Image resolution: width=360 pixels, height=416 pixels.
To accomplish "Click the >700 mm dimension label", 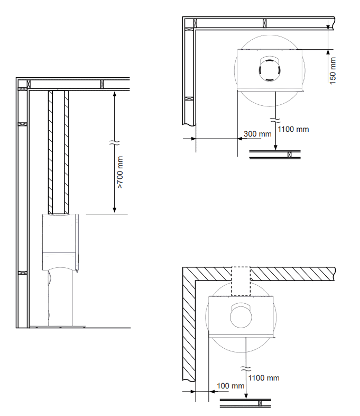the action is pos(120,173).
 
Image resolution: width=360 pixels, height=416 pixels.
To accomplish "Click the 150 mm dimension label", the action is pos(333,71).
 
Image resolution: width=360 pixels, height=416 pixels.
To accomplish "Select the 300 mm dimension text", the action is pos(257,134).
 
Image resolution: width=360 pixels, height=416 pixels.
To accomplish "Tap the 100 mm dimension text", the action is pos(230,386).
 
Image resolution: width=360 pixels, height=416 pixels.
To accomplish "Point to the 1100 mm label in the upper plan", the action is pos(293,129).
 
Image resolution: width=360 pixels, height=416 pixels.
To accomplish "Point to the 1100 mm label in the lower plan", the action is pos(264,378).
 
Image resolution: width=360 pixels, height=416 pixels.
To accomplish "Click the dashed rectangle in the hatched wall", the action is pos(241,281).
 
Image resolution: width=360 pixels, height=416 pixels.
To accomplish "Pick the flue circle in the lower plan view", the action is pos(241,317).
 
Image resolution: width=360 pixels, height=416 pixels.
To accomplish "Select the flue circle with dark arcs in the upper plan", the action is pos(270,70).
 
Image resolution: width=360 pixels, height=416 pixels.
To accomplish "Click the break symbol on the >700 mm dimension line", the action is pos(114,142).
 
